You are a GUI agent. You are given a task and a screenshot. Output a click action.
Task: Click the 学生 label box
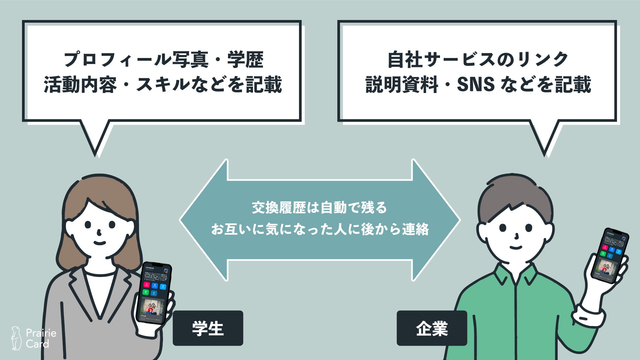208,328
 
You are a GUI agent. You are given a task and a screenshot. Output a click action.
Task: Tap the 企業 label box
432,328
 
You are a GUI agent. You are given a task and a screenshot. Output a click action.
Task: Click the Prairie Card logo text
41,338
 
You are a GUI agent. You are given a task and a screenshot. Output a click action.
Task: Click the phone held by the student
154,293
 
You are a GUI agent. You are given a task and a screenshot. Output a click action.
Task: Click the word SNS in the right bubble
475,85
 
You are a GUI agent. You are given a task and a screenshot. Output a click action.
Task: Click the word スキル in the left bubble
163,85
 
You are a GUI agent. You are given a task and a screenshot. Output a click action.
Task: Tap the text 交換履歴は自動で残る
319,208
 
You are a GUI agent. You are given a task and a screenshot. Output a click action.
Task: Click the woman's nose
99,232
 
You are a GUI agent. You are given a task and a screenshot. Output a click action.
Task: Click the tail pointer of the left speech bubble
95,140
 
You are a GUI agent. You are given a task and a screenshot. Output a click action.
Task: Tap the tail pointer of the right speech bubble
544,140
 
